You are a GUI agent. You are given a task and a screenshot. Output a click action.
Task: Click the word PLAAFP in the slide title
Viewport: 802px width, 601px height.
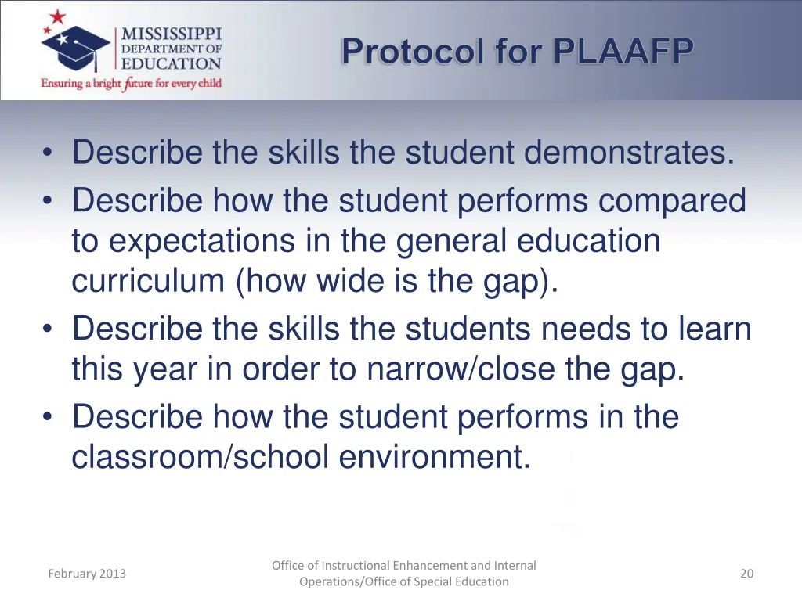(623, 52)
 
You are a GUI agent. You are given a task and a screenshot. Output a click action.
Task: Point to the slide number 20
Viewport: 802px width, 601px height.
(746, 574)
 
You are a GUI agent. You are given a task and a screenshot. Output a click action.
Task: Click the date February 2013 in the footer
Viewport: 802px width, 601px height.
(87, 574)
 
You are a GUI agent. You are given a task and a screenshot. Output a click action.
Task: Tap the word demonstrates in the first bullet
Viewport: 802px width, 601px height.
(630, 152)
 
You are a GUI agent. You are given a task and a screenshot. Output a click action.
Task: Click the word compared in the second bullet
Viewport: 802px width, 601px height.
(672, 200)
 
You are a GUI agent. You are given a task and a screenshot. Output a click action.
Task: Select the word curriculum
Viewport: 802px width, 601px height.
(148, 280)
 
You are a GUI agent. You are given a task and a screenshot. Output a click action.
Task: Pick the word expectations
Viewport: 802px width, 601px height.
(196, 241)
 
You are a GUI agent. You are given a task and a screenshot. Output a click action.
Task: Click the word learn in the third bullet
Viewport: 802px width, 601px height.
(712, 329)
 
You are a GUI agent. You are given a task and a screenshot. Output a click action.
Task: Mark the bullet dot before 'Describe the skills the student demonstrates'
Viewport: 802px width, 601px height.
(49, 153)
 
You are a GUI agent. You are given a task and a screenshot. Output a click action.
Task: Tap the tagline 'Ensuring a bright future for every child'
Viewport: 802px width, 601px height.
(132, 83)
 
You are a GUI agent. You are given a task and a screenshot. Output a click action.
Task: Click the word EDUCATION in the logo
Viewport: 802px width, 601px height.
(172, 63)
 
